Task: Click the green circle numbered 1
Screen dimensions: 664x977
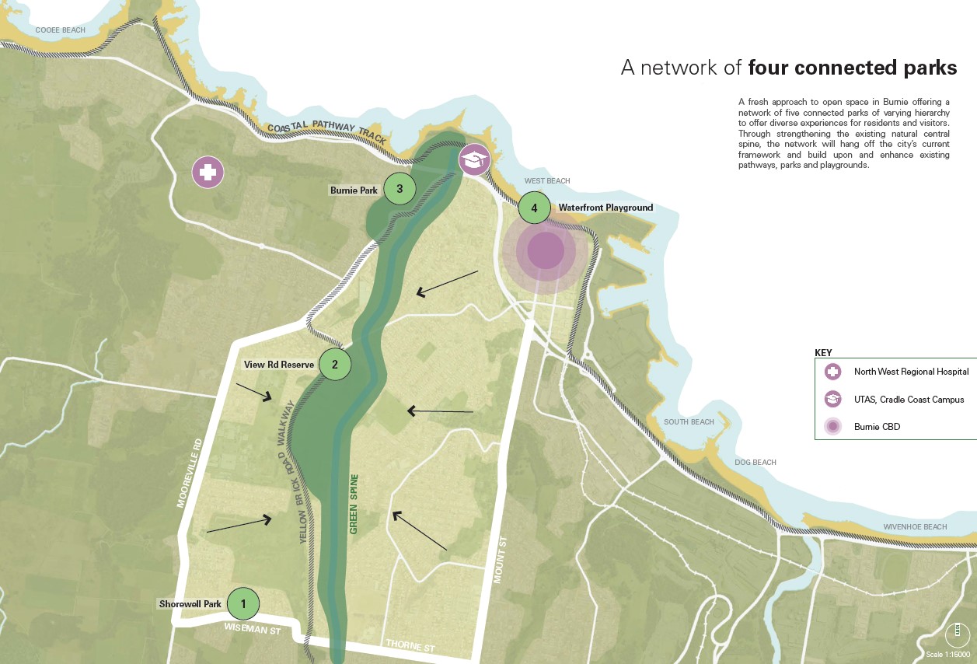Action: tap(243, 603)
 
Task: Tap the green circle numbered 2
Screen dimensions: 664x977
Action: tap(335, 364)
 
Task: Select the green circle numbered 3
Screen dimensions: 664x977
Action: tap(400, 188)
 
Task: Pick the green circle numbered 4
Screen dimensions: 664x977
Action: tap(534, 208)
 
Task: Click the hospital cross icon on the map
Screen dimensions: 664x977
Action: tap(208, 172)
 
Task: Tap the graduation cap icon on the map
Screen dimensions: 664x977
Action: tap(473, 159)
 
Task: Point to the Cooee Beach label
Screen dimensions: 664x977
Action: tap(60, 30)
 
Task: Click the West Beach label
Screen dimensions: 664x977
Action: tap(546, 181)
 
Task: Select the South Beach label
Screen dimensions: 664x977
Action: tap(689, 422)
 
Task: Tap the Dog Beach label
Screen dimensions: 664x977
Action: tap(755, 463)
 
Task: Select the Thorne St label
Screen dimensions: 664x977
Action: tap(410, 645)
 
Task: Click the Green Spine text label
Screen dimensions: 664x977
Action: tap(354, 504)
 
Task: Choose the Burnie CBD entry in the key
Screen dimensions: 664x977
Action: tap(877, 426)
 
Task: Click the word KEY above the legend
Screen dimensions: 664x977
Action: tap(823, 352)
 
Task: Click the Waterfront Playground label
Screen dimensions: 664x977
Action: tap(605, 208)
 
